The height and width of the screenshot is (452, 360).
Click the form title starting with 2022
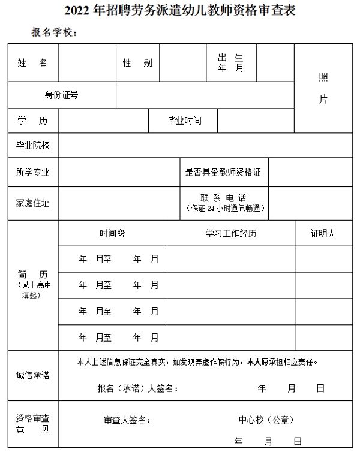pyautogui.click(x=180, y=11)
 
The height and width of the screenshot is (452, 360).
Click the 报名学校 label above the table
pyautogui.click(x=55, y=32)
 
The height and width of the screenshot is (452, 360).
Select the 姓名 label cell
pyautogui.click(x=33, y=63)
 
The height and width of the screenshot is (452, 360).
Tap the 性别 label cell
pyautogui.click(x=137, y=63)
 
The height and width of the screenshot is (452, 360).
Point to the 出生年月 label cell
pyautogui.click(x=230, y=63)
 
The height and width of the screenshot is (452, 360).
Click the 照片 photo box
pyautogui.click(x=323, y=89)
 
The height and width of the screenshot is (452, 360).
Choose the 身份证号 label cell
pyautogui.click(x=62, y=95)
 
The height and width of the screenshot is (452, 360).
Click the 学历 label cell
pyautogui.click(x=33, y=120)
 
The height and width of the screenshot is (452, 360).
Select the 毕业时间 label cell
pyautogui.click(x=184, y=120)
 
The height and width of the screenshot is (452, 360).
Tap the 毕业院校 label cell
pyautogui.click(x=33, y=145)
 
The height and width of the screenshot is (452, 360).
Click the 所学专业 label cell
pyautogui.click(x=33, y=172)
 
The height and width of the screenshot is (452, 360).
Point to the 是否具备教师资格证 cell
pyautogui.click(x=224, y=172)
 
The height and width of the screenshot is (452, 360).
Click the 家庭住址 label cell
pyautogui.click(x=33, y=203)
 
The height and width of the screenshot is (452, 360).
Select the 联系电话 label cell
pyautogui.click(x=224, y=203)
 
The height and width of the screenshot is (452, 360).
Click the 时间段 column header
pyautogui.click(x=112, y=233)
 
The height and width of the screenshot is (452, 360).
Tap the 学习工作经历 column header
pyautogui.click(x=231, y=233)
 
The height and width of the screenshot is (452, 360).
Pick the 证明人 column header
pyautogui.click(x=323, y=233)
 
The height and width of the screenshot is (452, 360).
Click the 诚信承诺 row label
pyautogui.click(x=33, y=375)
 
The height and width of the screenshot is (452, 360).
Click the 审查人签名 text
pyautogui.click(x=127, y=420)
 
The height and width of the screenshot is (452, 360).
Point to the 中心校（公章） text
pyautogui.click(x=266, y=420)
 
